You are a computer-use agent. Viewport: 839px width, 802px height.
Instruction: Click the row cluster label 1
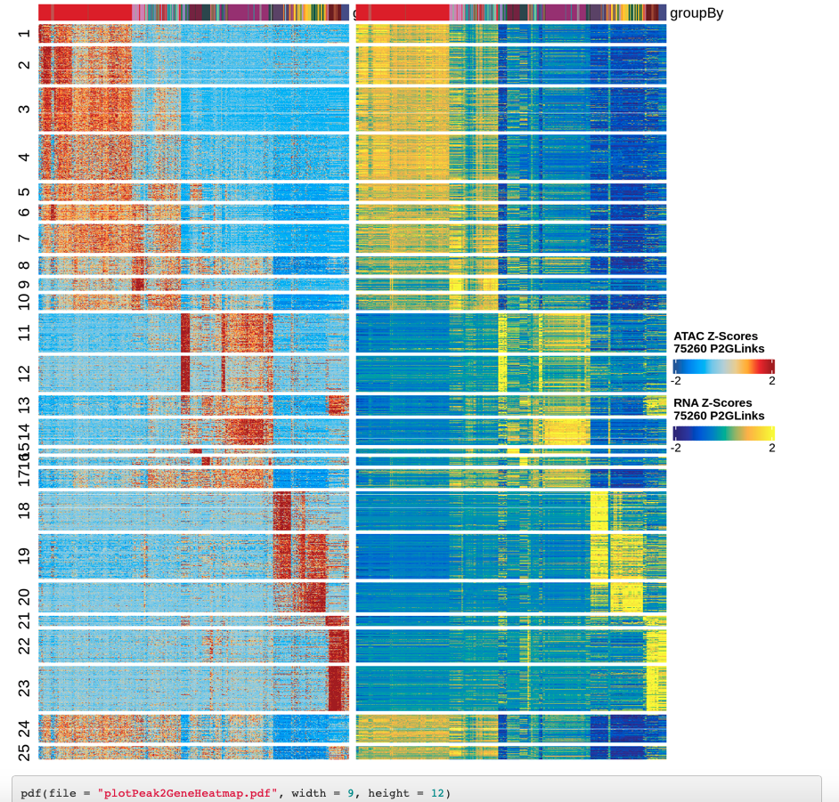point(24,34)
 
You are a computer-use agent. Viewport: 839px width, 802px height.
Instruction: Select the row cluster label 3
point(24,109)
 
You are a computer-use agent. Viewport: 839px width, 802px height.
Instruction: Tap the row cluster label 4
point(24,157)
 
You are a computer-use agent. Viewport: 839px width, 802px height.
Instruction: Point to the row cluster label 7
point(24,237)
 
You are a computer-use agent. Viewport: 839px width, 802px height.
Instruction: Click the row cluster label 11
point(24,332)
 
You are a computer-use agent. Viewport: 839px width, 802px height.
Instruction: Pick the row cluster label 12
point(24,373)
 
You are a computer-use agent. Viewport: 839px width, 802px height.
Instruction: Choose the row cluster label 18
point(24,510)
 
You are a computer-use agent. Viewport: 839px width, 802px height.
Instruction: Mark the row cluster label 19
point(24,555)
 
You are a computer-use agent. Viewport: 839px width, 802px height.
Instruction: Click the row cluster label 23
point(24,687)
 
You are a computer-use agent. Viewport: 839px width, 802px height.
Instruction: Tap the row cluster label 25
point(24,752)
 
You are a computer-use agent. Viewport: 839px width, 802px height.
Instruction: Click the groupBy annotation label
point(697,12)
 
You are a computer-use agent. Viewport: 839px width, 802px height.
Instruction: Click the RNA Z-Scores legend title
point(718,409)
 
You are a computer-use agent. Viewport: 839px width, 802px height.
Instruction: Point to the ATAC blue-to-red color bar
point(723,366)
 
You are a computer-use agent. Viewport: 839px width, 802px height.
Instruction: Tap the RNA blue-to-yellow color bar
point(723,433)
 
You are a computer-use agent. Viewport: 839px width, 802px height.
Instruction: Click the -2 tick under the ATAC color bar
point(676,381)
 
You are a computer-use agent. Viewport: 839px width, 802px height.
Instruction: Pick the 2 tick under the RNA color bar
point(771,448)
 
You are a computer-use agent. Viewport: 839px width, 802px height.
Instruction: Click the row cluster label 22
point(24,644)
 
